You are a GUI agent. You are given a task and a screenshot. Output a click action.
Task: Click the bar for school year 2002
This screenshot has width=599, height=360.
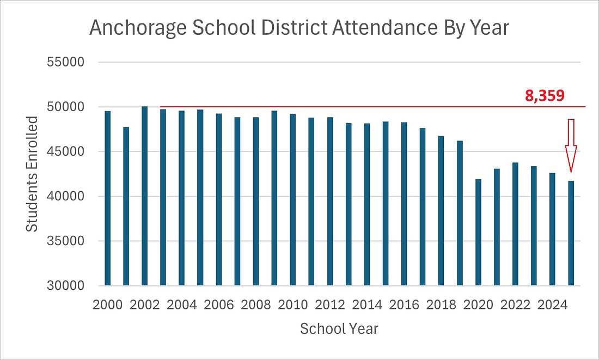tap(144, 196)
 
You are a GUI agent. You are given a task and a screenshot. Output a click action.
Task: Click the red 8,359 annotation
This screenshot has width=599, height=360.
tap(545, 96)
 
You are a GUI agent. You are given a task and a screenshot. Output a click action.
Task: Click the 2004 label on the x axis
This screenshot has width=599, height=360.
tap(181, 304)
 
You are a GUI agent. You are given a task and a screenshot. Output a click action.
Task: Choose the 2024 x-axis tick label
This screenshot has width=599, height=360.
tap(552, 304)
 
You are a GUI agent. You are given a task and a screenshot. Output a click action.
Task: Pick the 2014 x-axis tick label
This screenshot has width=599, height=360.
tap(366, 304)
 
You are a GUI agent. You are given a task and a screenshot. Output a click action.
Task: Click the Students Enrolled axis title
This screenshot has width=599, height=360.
tap(33, 174)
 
